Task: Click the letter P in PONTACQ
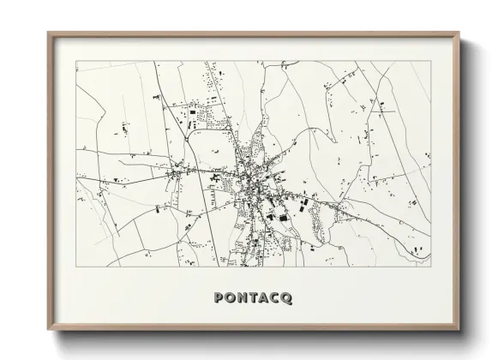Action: tap(213, 298)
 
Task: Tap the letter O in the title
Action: tap(225, 298)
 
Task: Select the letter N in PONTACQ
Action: tap(239, 298)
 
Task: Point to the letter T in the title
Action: tap(252, 298)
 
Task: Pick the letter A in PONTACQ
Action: tap(263, 298)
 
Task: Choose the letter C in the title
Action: tap(275, 298)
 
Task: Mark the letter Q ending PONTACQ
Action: tap(289, 298)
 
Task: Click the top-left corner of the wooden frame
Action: tap(48, 33)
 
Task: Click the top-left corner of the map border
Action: tap(76, 61)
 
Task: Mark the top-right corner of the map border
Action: tap(431, 61)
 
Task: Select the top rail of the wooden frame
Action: tap(255, 34)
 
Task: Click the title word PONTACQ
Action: tap(251, 298)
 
